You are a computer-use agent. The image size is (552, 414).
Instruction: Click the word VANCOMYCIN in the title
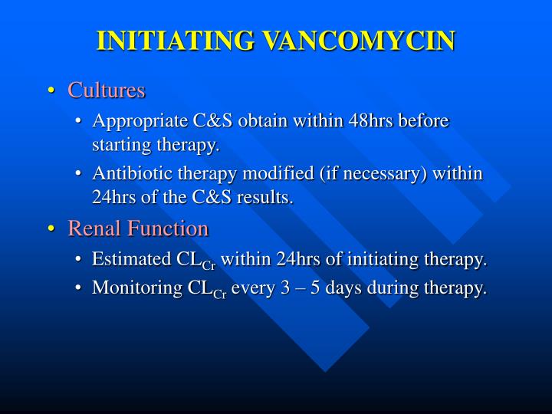pyautogui.click(x=357, y=40)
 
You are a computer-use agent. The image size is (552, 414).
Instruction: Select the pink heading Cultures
pyautogui.click(x=106, y=90)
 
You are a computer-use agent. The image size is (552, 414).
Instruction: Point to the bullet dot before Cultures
pyautogui.click(x=51, y=91)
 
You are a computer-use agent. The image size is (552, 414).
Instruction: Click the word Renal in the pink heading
pyautogui.click(x=91, y=228)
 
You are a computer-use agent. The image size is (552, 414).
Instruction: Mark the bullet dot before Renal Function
pyautogui.click(x=51, y=229)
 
